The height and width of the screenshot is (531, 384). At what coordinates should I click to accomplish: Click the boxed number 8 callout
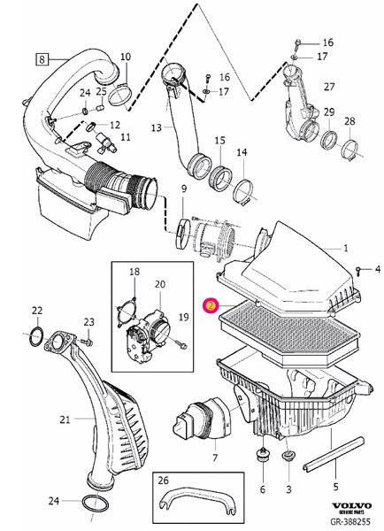(x=42, y=60)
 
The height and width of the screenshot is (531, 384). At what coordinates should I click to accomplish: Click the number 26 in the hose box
(x=161, y=482)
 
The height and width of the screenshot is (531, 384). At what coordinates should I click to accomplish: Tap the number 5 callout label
(x=335, y=485)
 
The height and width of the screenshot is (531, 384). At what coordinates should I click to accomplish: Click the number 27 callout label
(x=329, y=87)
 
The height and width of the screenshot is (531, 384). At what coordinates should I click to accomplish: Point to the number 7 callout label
(x=213, y=458)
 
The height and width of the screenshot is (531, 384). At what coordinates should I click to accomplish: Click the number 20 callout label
(x=160, y=284)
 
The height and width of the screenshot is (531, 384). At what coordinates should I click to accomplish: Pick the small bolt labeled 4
(x=357, y=267)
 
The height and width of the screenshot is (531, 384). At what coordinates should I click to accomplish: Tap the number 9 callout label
(x=183, y=189)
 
